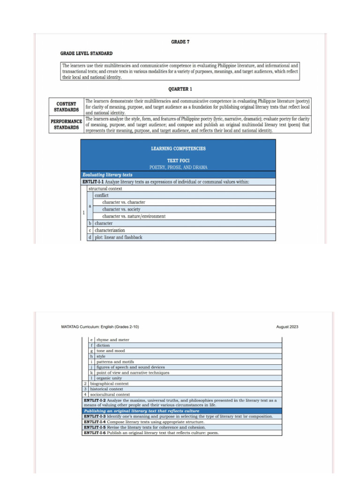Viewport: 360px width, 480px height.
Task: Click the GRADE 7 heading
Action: pyautogui.click(x=180, y=42)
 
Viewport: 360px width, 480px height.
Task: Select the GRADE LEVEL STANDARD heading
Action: pyautogui.click(x=86, y=53)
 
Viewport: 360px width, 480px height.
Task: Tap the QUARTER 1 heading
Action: pyautogui.click(x=180, y=89)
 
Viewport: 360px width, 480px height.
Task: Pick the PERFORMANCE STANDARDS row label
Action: pyautogui.click(x=66, y=124)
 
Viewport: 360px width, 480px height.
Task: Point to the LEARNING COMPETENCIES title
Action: pyautogui.click(x=178, y=149)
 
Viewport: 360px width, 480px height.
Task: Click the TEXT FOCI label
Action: pyautogui.click(x=178, y=160)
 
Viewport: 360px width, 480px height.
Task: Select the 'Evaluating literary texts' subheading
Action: pyautogui.click(x=107, y=175)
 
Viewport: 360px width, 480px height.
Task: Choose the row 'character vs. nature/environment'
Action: pyautogui.click(x=134, y=217)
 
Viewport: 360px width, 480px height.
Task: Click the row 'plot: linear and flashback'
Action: pyautogui.click(x=119, y=237)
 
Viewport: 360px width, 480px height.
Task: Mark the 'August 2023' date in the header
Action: pyautogui.click(x=287, y=327)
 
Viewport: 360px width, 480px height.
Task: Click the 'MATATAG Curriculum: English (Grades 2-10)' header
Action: pyautogui.click(x=100, y=327)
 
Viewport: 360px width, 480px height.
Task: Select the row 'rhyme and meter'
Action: pyautogui.click(x=113, y=340)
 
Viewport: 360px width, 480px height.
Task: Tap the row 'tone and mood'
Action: pyautogui.click(x=111, y=351)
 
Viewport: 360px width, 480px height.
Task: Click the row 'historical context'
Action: pyautogui.click(x=106, y=389)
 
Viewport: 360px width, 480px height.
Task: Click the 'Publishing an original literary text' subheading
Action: pyautogui.click(x=141, y=411)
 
